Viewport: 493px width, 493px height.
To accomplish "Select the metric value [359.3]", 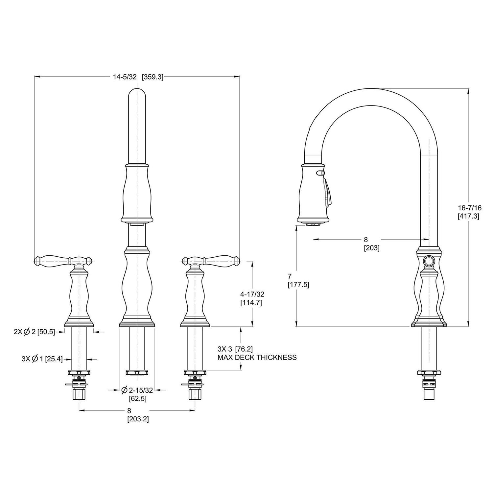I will pyautogui.click(x=152, y=77).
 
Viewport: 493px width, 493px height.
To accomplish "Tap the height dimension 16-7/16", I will pyautogui.click(x=469, y=208).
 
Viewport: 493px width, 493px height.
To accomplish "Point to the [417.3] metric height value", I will pyautogui.click(x=469, y=216).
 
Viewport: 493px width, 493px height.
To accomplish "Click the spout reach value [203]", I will pyautogui.click(x=371, y=248).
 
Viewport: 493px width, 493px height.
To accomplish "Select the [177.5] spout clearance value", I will pyautogui.click(x=298, y=285).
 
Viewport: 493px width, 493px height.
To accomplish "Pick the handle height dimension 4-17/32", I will pyautogui.click(x=252, y=294).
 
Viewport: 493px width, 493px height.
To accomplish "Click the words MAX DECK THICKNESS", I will pyautogui.click(x=257, y=357).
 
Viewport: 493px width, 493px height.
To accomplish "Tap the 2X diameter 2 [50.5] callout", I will pyautogui.click(x=34, y=332).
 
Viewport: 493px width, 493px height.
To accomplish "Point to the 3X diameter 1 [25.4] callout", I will pyautogui.click(x=42, y=359).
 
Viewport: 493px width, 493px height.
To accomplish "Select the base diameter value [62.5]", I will pyautogui.click(x=137, y=399).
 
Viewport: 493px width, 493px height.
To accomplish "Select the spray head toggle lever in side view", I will pyautogui.click(x=328, y=194).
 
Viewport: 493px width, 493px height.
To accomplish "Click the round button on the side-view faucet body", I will pyautogui.click(x=428, y=262).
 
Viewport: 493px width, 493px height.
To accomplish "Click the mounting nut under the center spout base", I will pyautogui.click(x=137, y=372).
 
